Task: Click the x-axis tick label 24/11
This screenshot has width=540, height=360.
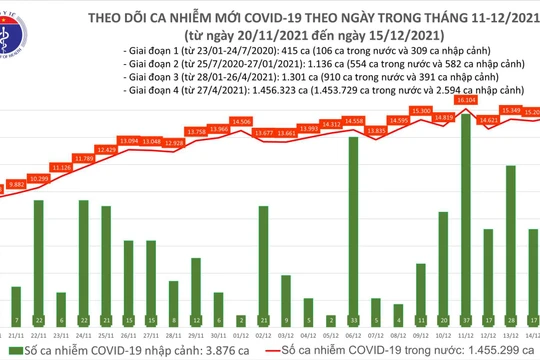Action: pyautogui.click(x=84, y=337)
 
